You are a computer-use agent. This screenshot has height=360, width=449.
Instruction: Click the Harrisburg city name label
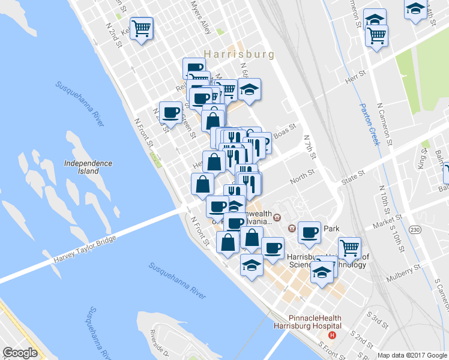[x=239, y=54]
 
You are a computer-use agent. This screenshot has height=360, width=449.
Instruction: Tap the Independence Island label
[x=88, y=167]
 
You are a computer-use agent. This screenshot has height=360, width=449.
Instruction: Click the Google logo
[x=20, y=353]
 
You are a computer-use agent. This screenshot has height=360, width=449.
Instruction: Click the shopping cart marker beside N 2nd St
[x=142, y=27]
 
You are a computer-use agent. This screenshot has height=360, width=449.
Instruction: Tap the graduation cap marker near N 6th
[x=249, y=91]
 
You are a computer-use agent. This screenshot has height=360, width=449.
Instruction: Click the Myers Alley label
[x=200, y=16]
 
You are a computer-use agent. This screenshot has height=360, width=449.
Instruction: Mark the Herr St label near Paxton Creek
[x=355, y=79]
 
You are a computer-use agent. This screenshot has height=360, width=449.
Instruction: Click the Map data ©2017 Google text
[x=412, y=355]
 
